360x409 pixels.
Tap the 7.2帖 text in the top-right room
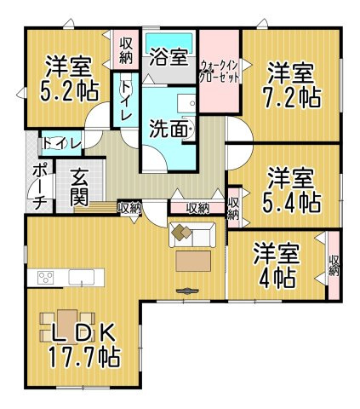(x=292, y=95)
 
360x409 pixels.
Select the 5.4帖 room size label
(x=292, y=202)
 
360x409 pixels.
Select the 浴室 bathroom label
(x=168, y=58)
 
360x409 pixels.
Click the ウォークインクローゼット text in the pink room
(x=220, y=70)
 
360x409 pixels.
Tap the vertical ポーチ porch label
(x=38, y=186)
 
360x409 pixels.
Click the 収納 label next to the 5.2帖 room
(x=126, y=50)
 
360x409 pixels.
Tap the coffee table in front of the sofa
(x=194, y=259)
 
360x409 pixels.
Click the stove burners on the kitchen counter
(x=44, y=278)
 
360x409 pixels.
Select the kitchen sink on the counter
(x=82, y=278)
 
